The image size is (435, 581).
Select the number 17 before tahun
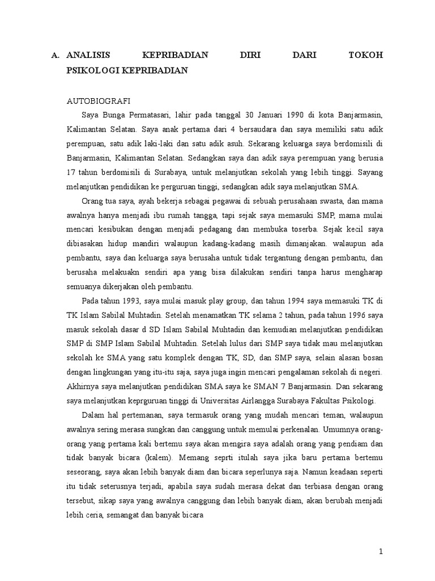point(71,172)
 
